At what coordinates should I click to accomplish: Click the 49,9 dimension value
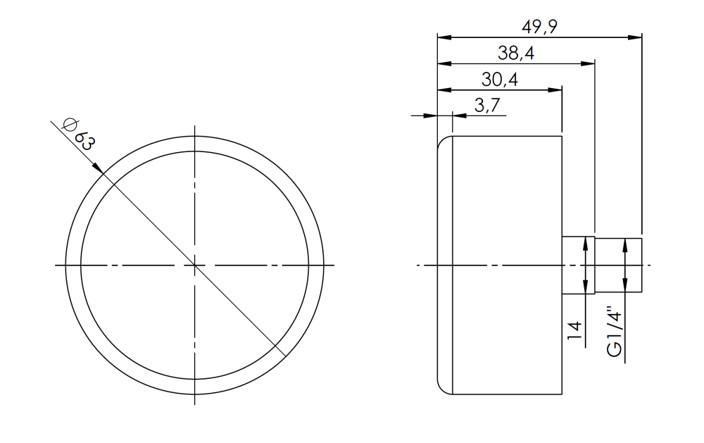tap(539, 27)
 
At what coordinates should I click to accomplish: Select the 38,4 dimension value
tap(515, 53)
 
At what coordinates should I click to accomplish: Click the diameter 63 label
tap(77, 133)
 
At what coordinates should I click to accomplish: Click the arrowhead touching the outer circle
tap(99, 169)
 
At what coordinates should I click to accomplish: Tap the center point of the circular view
tap(194, 266)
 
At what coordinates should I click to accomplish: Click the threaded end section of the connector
tap(620, 265)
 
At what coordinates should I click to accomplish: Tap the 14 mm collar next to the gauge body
tap(579, 265)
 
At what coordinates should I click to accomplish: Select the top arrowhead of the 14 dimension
tap(586, 243)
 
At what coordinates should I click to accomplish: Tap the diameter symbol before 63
tap(69, 125)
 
